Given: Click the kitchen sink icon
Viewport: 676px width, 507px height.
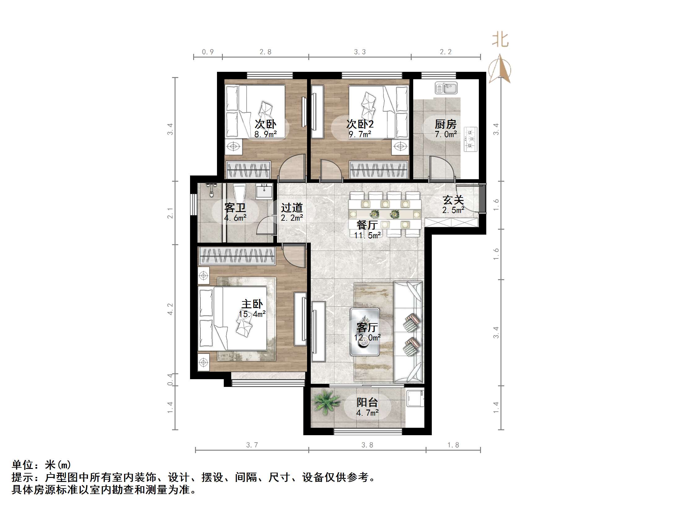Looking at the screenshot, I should pyautogui.click(x=446, y=88).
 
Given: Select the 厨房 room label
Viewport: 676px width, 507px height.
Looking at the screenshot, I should pyautogui.click(x=445, y=124).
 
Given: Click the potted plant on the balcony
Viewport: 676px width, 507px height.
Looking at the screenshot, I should pyautogui.click(x=325, y=402).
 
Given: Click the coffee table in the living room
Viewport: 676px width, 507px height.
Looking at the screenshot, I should pyautogui.click(x=365, y=331).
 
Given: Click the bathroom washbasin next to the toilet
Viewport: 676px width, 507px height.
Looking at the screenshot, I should pyautogui.click(x=264, y=191).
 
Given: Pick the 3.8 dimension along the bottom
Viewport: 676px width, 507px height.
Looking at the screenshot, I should pyautogui.click(x=367, y=445).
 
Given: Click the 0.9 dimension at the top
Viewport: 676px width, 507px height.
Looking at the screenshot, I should pyautogui.click(x=208, y=52).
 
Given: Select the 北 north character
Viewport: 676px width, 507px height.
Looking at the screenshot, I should pyautogui.click(x=500, y=40).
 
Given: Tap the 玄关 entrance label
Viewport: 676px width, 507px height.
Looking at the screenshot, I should pyautogui.click(x=453, y=200).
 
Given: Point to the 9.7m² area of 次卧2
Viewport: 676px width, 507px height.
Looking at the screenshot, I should pyautogui.click(x=360, y=134).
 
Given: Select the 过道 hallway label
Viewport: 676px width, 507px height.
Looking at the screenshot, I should pyautogui.click(x=292, y=208).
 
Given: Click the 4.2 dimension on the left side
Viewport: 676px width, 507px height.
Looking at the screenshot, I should pyautogui.click(x=170, y=309).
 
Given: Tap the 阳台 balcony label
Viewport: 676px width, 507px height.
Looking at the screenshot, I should pyautogui.click(x=367, y=402).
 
